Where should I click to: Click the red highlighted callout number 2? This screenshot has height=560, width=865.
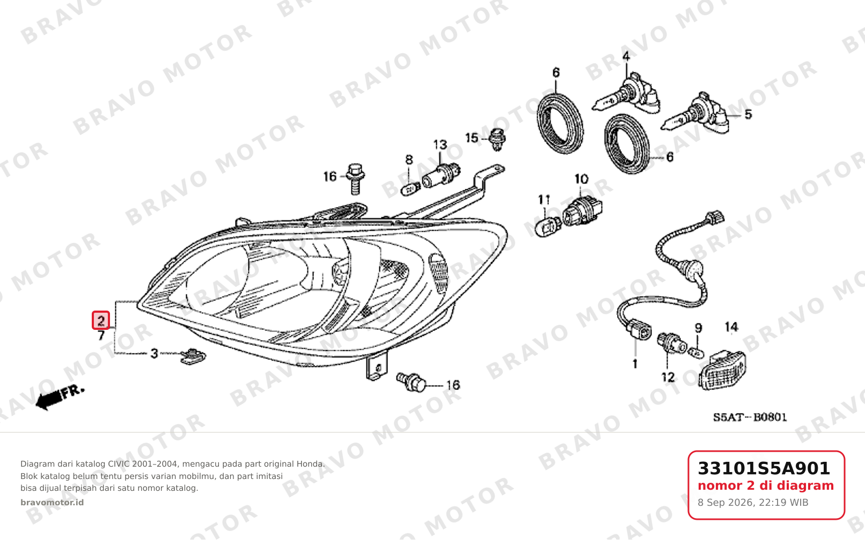click(x=101, y=320)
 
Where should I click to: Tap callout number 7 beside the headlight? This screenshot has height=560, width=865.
click(x=101, y=335)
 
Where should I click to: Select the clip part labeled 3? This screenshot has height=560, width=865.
click(x=193, y=356)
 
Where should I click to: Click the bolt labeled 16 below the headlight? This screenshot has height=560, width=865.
click(x=411, y=382)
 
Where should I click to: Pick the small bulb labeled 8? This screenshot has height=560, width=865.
click(x=410, y=189)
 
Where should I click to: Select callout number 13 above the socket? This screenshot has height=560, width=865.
click(x=440, y=145)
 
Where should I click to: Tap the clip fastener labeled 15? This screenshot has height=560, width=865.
click(x=497, y=139)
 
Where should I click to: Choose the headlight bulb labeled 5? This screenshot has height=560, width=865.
click(x=695, y=115)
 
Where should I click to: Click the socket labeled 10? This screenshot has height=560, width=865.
click(x=582, y=211)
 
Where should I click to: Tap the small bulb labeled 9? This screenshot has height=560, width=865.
click(x=695, y=352)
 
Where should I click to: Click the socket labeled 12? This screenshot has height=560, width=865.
click(x=671, y=343)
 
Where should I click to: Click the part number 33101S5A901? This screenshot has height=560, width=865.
click(x=764, y=468)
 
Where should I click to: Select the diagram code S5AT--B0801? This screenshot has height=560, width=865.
click(x=750, y=417)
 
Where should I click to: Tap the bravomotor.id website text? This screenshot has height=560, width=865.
click(x=52, y=503)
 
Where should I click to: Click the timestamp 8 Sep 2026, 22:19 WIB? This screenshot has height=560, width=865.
click(x=753, y=503)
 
